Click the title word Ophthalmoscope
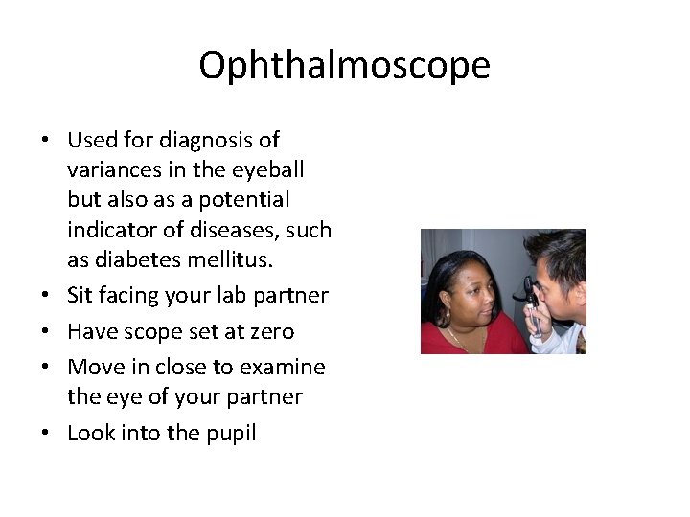point(344,65)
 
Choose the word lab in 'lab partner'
point(227,296)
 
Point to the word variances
point(111,170)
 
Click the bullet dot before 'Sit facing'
point(45,297)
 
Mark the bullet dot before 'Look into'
point(45,434)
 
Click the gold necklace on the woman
point(461,338)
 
